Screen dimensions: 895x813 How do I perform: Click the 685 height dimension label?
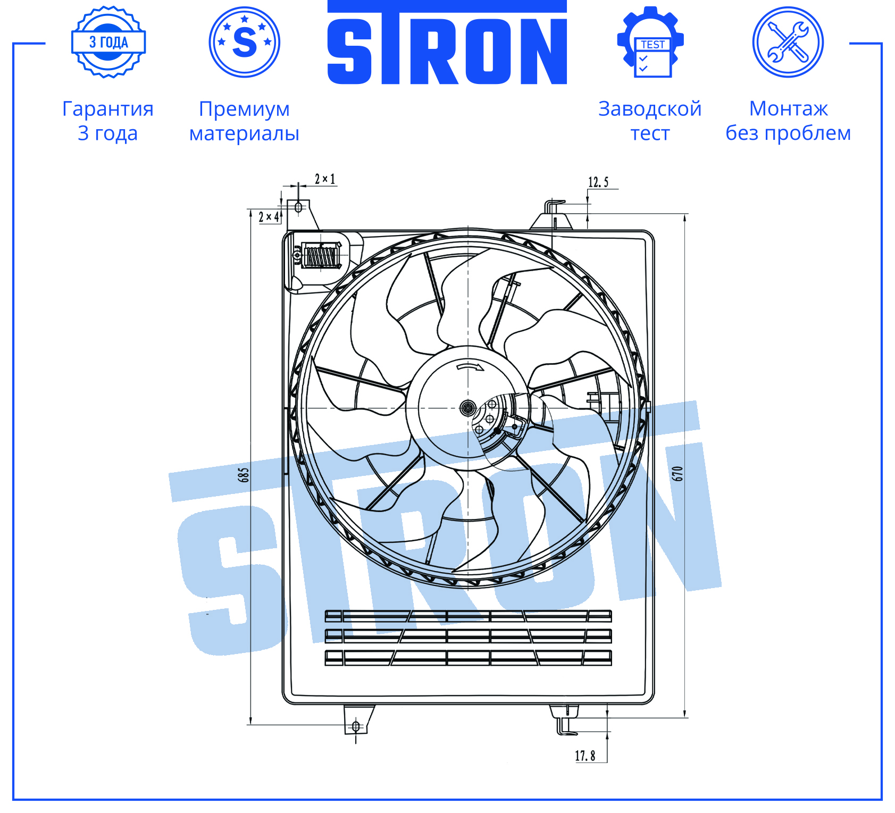click(244, 475)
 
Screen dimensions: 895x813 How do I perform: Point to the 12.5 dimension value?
click(598, 182)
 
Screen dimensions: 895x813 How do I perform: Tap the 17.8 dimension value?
click(585, 756)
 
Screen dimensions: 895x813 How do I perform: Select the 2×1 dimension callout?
click(325, 179)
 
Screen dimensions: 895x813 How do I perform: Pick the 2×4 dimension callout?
click(269, 217)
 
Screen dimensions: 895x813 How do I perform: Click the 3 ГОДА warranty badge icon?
click(108, 42)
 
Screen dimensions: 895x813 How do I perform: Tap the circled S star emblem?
click(245, 42)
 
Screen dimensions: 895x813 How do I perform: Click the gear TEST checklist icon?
click(650, 42)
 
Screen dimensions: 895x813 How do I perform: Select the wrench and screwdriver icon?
click(788, 42)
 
